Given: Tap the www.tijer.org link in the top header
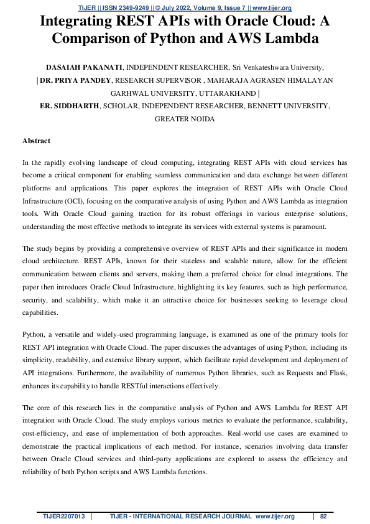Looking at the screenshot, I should click(271, 7).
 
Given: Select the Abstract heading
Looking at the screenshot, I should click(36, 141).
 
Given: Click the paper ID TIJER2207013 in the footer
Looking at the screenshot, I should click(63, 516).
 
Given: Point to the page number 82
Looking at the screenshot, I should click(323, 516).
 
